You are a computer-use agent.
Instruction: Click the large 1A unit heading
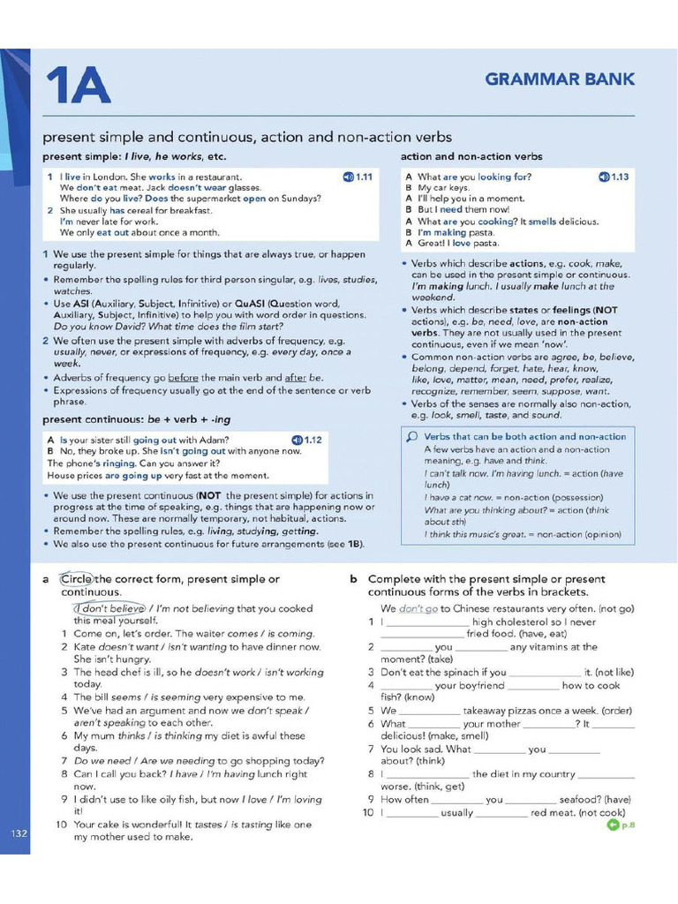[x=79, y=86]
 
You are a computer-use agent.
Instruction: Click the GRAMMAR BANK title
[x=560, y=79]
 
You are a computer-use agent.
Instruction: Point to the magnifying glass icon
[x=411, y=437]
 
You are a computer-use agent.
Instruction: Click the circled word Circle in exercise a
[x=76, y=579]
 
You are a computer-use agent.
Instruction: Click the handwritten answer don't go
[x=418, y=609]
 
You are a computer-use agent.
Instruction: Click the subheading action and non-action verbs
[x=471, y=156]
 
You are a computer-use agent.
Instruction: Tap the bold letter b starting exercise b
[x=353, y=579]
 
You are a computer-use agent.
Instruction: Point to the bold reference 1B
[x=354, y=544]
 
